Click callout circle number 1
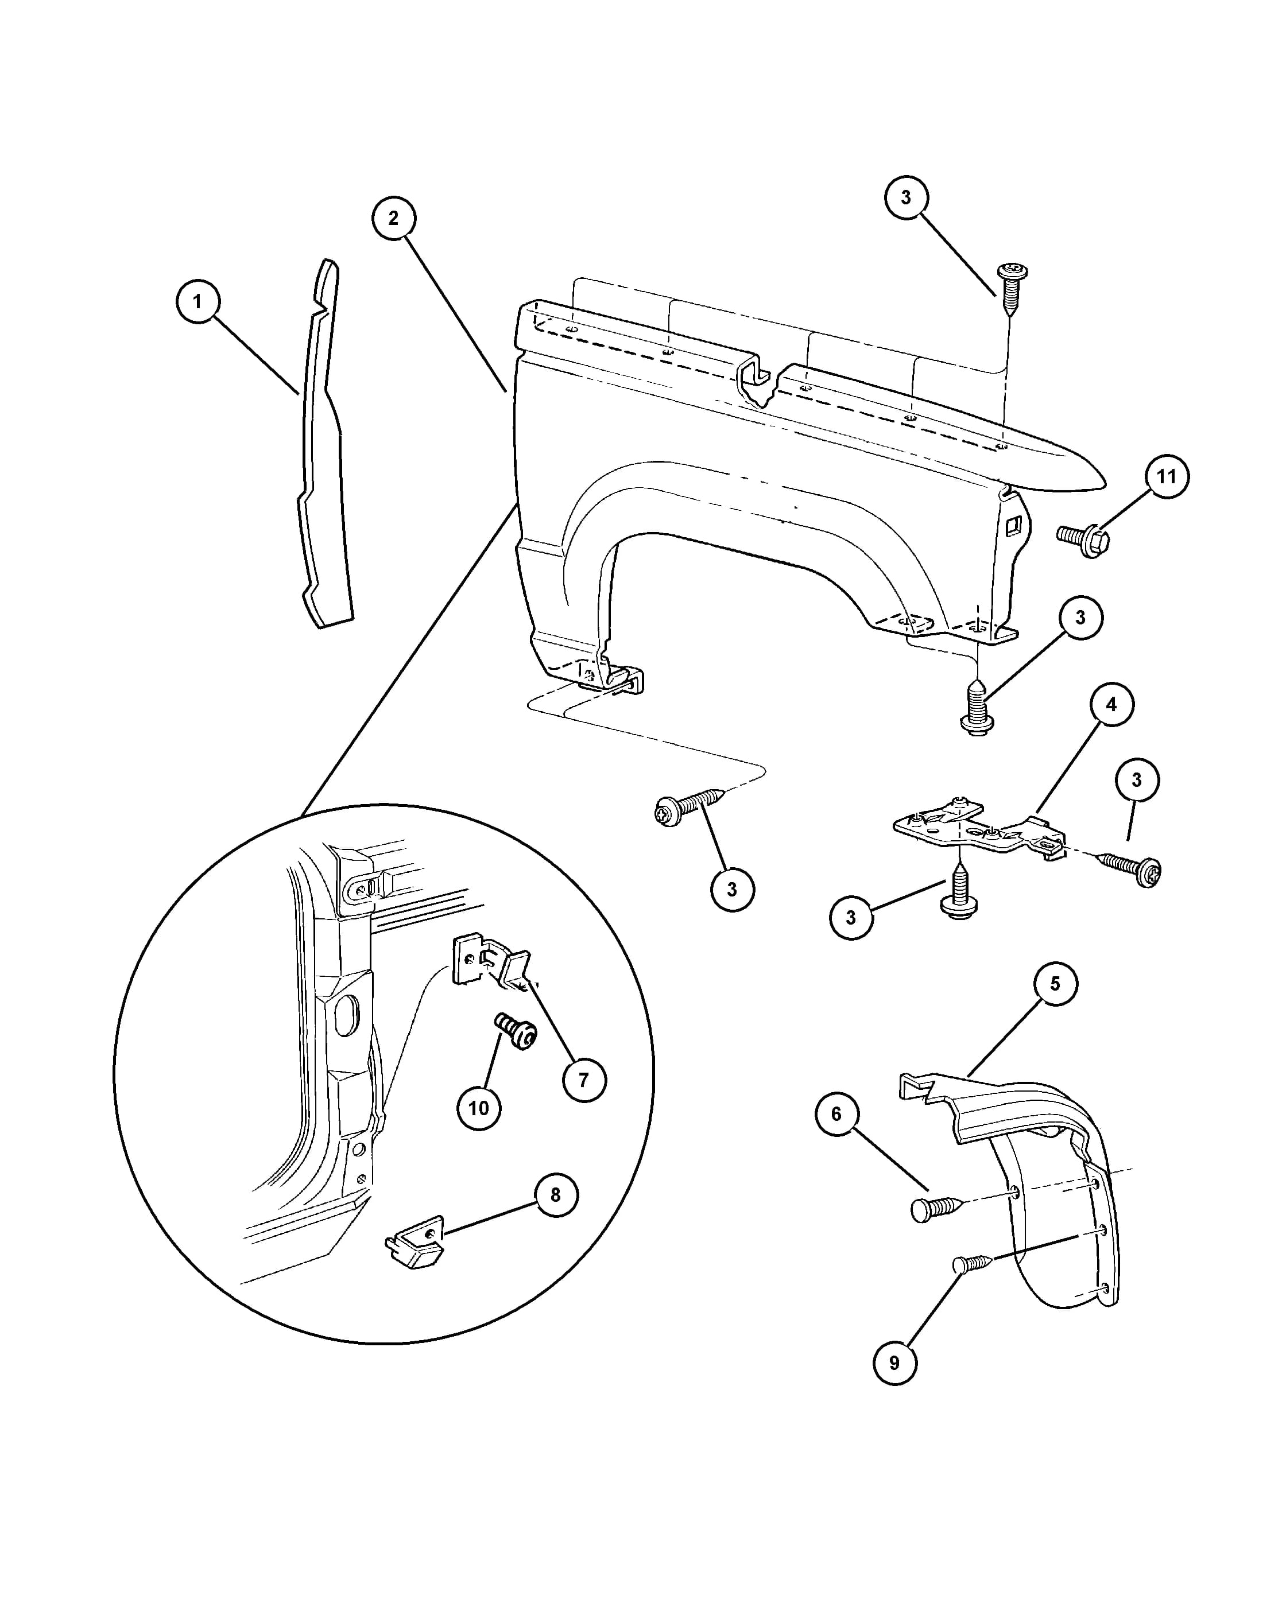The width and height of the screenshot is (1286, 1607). point(197,301)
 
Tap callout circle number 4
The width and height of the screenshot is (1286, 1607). point(1111,704)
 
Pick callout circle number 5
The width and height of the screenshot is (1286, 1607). point(1055,984)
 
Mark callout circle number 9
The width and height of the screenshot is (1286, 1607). point(894,1363)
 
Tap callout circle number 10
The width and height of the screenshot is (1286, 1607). point(479,1108)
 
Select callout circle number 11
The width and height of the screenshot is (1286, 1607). point(1167,476)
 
